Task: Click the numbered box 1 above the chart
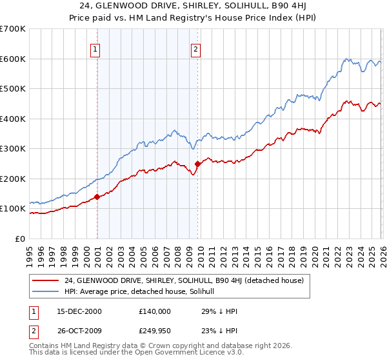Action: point(95,48)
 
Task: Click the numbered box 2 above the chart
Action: point(195,48)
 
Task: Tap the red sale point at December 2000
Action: point(97,197)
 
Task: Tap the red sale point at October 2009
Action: point(197,164)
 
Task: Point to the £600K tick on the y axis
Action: point(13,59)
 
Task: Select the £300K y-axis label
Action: point(13,149)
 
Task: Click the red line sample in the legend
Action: point(46,280)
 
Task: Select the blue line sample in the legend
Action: point(46,291)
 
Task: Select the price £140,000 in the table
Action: point(155,311)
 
